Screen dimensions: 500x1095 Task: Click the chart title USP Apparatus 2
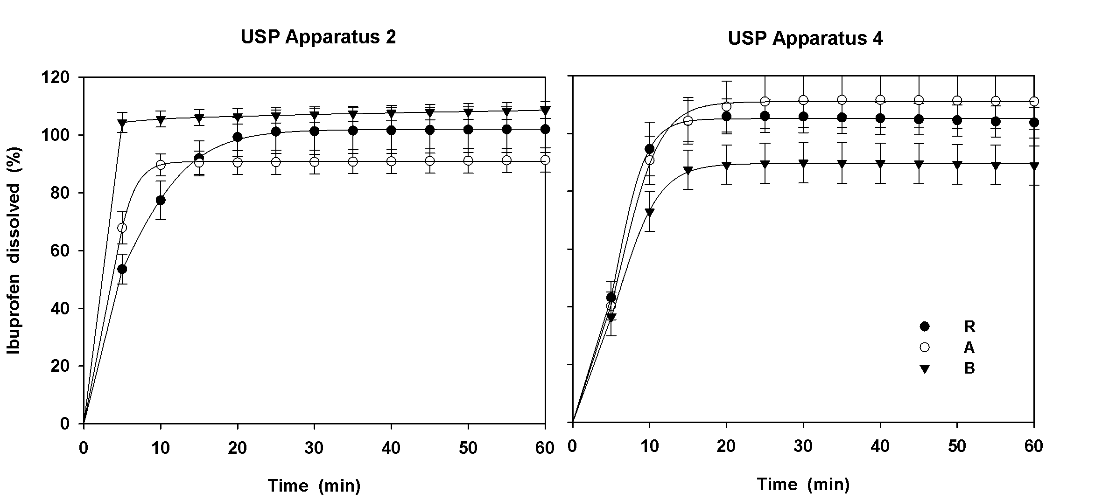318,37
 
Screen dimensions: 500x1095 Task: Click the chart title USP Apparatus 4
805,38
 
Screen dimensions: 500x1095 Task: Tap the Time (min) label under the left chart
314,486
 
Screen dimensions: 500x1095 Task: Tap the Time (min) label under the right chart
803,484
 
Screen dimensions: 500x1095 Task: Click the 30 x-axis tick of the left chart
314,449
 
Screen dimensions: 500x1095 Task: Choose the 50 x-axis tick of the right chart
957,446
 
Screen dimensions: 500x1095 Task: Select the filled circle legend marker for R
924,326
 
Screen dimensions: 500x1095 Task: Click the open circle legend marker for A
924,347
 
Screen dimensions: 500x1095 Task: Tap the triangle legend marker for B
924,369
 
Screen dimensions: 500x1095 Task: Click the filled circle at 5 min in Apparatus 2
122,269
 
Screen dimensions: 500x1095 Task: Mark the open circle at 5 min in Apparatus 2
122,228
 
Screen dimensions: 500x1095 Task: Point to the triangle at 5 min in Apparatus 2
122,124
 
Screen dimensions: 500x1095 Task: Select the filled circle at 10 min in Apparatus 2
161,200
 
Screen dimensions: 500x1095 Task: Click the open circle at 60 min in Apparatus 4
1034,101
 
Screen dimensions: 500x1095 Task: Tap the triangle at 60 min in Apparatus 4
1034,166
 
